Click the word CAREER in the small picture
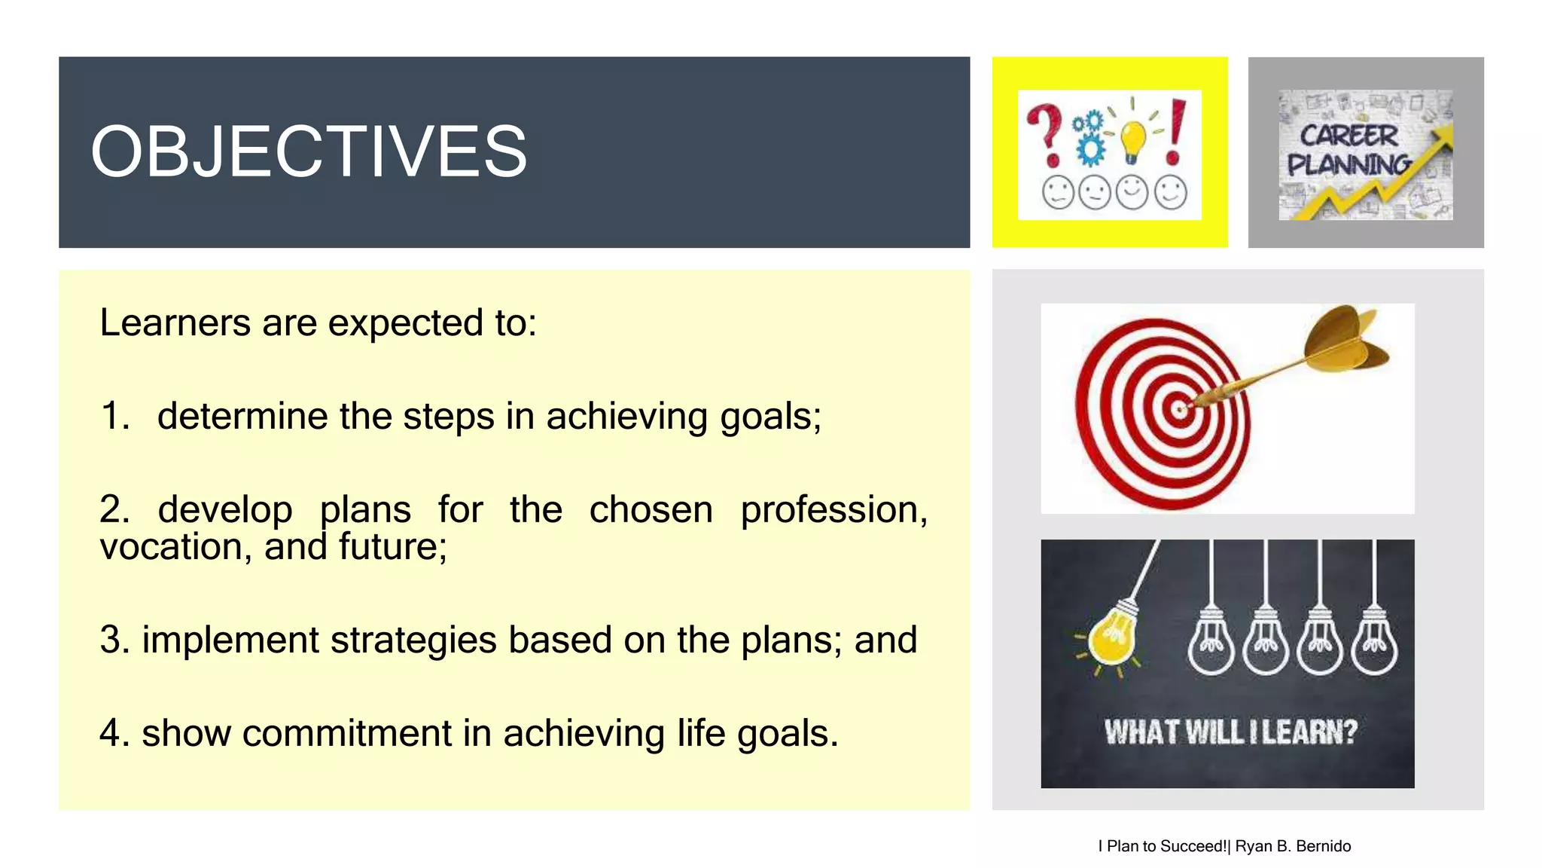coord(1348,136)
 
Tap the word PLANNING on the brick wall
coord(1348,164)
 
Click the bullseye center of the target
coord(1178,409)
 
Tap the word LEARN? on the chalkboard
coord(1309,732)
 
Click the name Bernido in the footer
coord(1323,846)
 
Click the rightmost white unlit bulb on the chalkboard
coord(1374,644)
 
